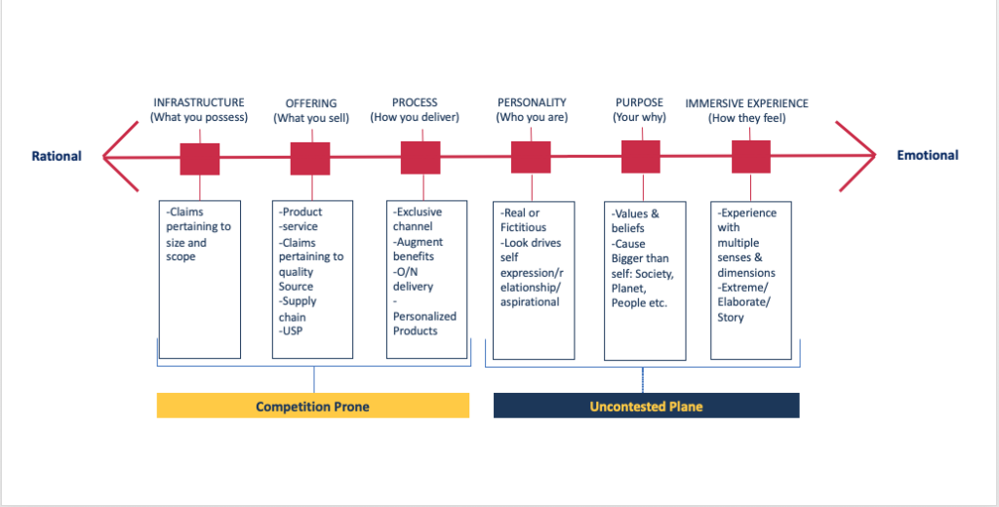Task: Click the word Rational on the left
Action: tap(57, 156)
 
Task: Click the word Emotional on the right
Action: tap(928, 155)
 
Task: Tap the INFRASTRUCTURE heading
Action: tap(199, 102)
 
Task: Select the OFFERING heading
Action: tap(310, 103)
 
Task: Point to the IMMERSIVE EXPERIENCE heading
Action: tap(746, 103)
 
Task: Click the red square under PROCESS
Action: tap(420, 157)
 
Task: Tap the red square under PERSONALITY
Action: tap(531, 157)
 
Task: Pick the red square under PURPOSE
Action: tap(641, 157)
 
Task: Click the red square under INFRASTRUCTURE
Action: tap(200, 157)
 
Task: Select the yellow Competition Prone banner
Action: tap(312, 406)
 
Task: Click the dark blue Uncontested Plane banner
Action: tap(646, 406)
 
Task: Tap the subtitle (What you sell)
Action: tap(310, 118)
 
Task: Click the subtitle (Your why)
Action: tap(639, 118)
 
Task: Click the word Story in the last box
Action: tap(731, 317)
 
